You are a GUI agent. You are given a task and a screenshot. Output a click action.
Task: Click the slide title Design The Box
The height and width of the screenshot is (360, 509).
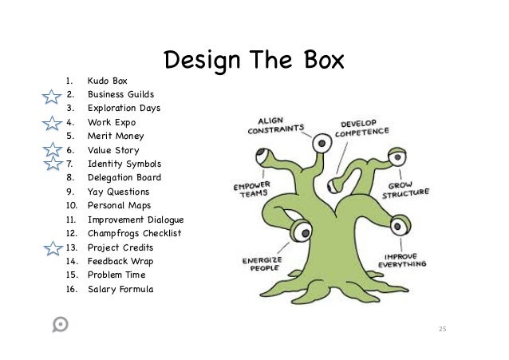coord(254,61)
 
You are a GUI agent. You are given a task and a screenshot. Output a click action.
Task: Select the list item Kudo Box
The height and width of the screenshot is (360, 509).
coord(108,81)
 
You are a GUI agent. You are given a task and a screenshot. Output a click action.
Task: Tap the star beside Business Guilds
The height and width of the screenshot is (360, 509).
coord(52,97)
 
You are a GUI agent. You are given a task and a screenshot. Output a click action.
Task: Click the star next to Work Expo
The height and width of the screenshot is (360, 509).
coord(52,124)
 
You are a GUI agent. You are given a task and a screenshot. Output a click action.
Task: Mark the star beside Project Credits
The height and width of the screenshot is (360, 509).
coord(52,248)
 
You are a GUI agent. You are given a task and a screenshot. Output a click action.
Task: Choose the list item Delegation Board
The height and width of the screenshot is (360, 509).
coord(124,178)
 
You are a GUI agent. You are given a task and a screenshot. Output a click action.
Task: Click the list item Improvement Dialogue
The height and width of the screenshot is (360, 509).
coord(136,220)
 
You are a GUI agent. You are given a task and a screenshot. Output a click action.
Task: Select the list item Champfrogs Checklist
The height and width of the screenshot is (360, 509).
coord(135,233)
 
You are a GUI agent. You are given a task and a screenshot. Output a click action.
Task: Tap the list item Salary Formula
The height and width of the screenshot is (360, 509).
coord(120,289)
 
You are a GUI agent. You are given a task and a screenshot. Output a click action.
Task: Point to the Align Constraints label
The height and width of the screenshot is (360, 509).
coord(276,125)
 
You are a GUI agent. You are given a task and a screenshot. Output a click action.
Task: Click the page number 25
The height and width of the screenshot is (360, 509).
coord(444,329)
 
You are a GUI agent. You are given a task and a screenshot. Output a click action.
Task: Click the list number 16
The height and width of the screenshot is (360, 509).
coord(70,289)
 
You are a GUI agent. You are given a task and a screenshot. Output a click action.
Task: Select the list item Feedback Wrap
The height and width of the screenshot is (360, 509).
coord(120,261)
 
